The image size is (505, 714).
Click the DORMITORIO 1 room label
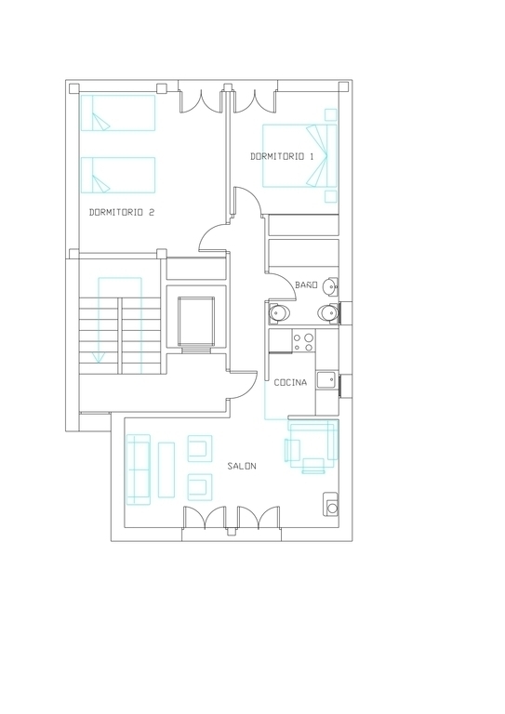(282, 156)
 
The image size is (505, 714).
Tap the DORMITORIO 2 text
(122, 212)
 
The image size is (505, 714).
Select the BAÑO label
(306, 285)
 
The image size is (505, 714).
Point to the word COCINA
(290, 382)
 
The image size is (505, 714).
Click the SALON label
(242, 466)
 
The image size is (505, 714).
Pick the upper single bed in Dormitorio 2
(118, 112)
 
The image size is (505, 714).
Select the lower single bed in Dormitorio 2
(118, 176)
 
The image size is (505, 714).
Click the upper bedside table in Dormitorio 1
(330, 114)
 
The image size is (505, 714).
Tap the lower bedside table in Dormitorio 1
(330, 196)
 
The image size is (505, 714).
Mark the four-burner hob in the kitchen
(303, 341)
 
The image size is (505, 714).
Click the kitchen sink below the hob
(327, 379)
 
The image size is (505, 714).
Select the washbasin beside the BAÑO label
(329, 286)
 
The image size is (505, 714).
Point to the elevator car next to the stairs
(196, 321)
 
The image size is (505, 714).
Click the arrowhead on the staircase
(98, 359)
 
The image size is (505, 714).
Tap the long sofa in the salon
(139, 469)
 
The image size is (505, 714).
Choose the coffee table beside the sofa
(166, 469)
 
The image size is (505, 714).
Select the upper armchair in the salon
(200, 448)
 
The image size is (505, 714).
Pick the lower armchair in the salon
(200, 487)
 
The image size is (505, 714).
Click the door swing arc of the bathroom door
(286, 282)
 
